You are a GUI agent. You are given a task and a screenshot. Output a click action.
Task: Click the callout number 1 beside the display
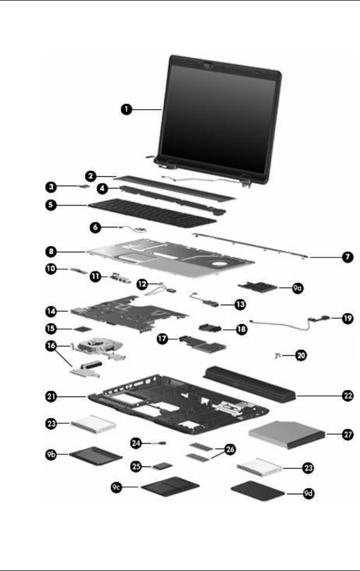[x=127, y=110]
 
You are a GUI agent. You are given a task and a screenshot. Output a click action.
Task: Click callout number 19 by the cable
[x=339, y=319]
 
